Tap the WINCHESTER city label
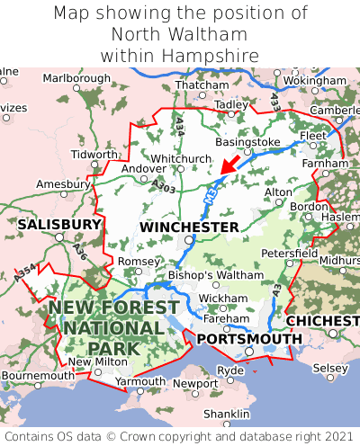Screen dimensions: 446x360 [189, 227]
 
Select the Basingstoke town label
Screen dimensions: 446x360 [248, 142]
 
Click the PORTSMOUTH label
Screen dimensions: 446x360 [249, 338]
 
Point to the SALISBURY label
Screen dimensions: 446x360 [59, 223]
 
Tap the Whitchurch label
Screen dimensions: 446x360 [181, 158]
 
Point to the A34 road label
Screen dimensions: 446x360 [181, 126]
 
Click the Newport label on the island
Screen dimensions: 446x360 [195, 383]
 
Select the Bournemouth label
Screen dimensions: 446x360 [38, 375]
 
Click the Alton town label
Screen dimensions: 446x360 [278, 192]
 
